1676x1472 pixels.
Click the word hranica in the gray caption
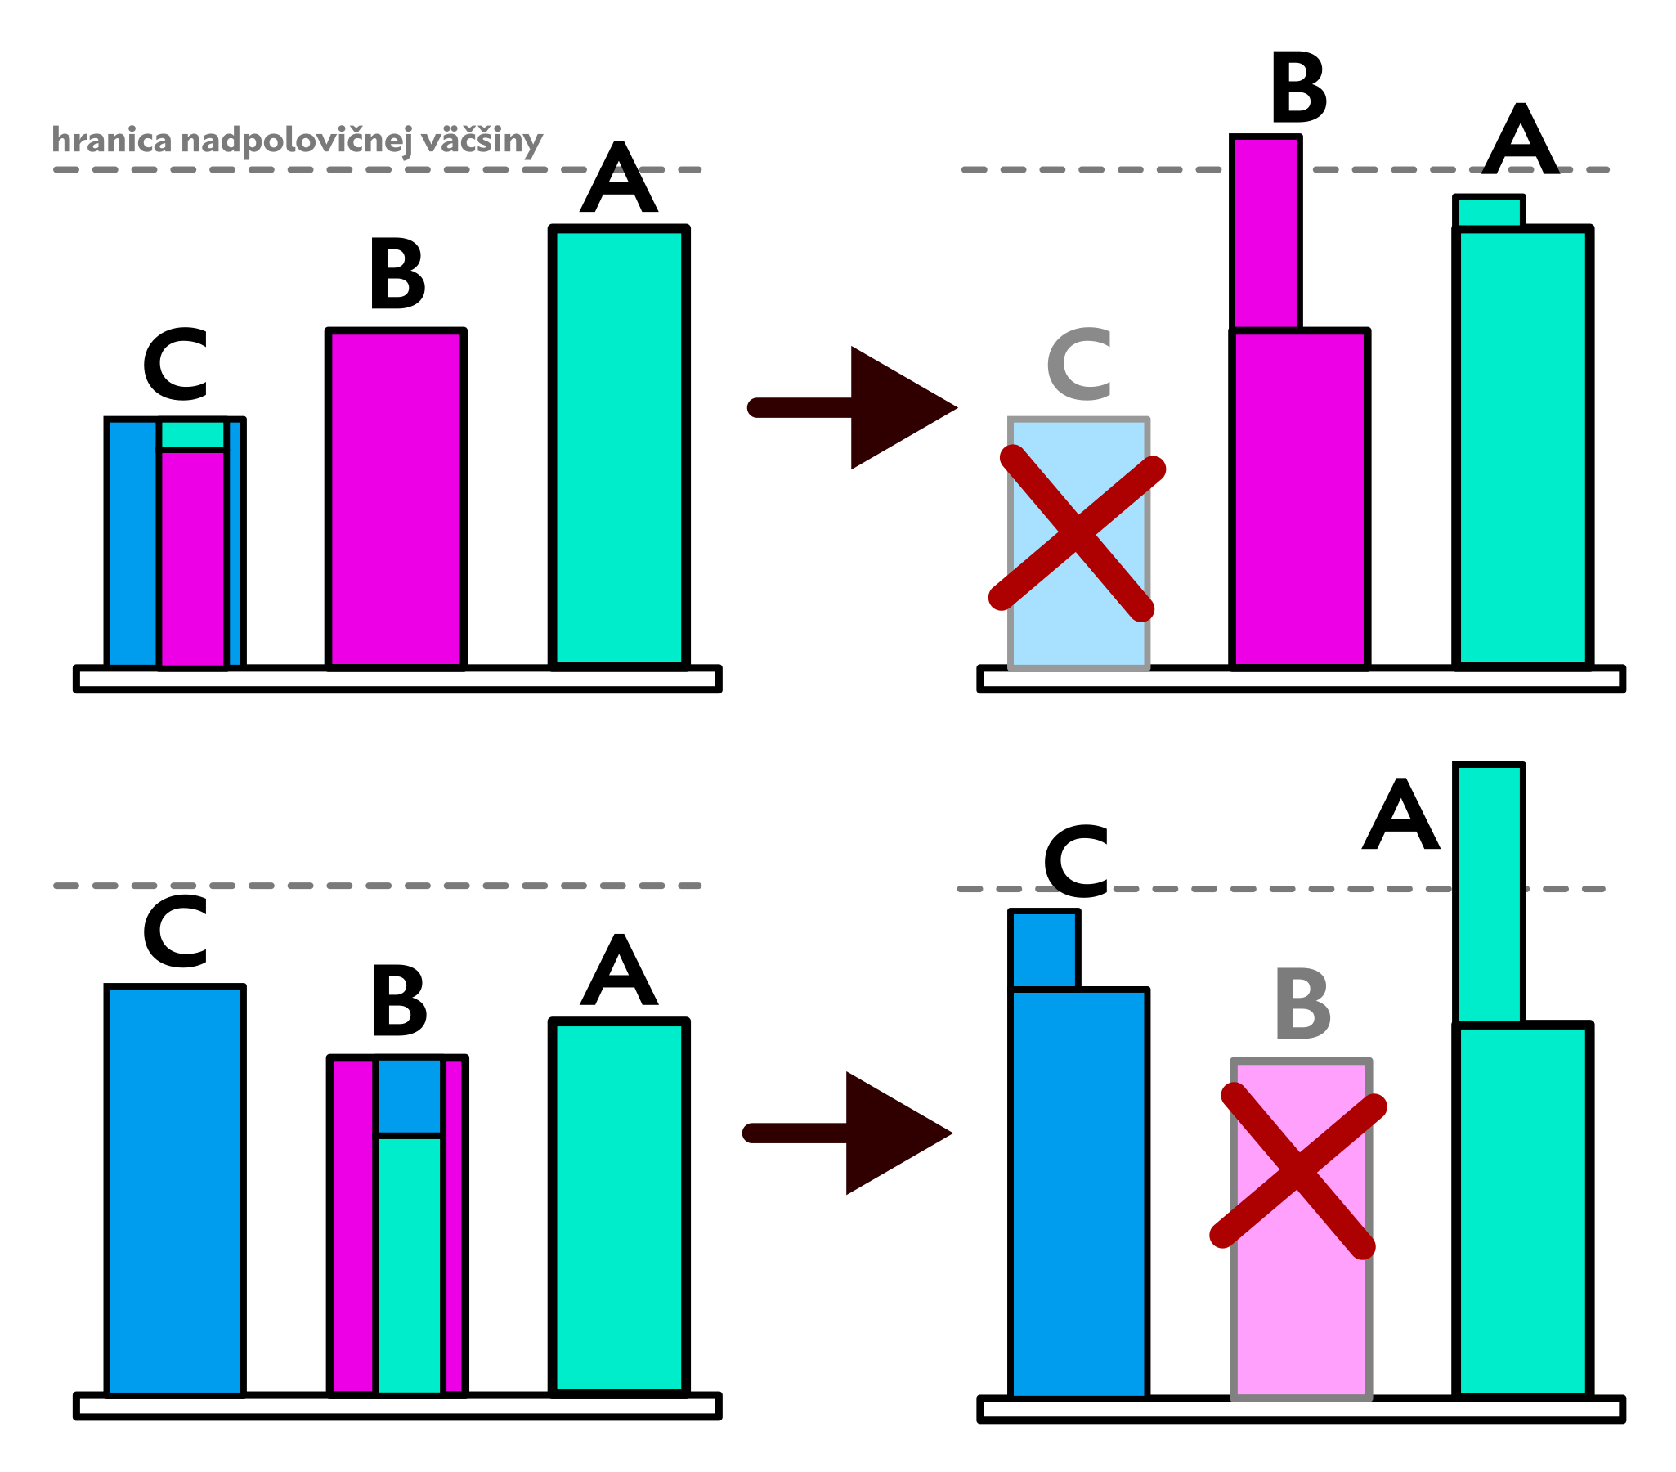point(111,140)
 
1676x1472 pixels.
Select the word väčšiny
point(482,141)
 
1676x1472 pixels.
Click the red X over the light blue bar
point(1078,533)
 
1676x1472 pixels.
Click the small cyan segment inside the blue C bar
point(193,433)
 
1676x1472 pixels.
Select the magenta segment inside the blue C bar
point(193,558)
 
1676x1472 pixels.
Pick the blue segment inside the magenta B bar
point(409,1097)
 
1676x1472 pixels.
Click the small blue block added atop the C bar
point(1044,949)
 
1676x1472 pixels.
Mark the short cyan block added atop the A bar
point(1488,212)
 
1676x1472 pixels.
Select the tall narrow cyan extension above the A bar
point(1488,894)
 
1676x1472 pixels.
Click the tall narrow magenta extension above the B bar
point(1266,234)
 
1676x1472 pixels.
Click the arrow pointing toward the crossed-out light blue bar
point(853,407)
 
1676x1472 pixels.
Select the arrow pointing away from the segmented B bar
point(848,1133)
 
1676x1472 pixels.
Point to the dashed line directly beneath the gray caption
point(377,170)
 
